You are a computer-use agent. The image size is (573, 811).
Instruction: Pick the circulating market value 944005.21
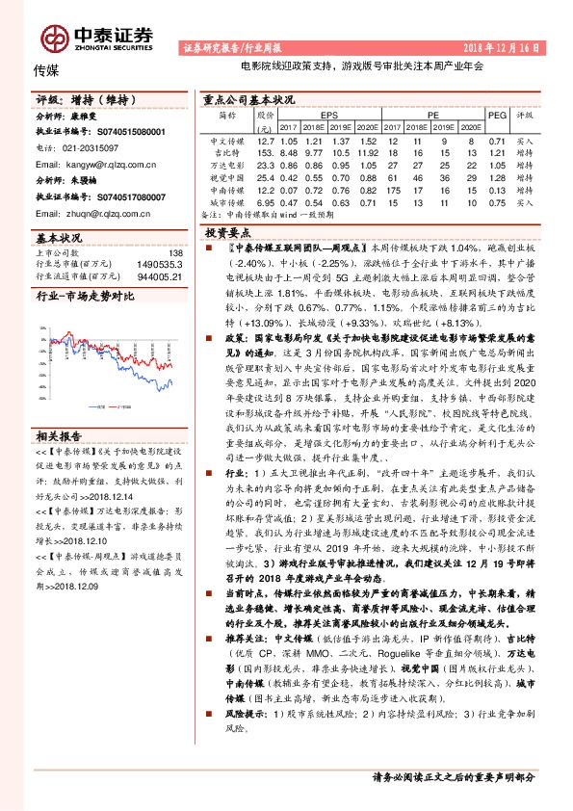tap(160, 275)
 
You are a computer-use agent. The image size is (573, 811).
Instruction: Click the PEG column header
tap(497, 114)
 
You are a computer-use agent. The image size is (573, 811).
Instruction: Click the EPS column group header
tap(330, 114)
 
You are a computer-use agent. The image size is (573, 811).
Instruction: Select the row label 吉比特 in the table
tap(226, 152)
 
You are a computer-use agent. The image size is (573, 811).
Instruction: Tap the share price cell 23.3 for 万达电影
tap(266, 165)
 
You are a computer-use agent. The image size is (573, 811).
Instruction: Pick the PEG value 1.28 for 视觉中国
tap(497, 177)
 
